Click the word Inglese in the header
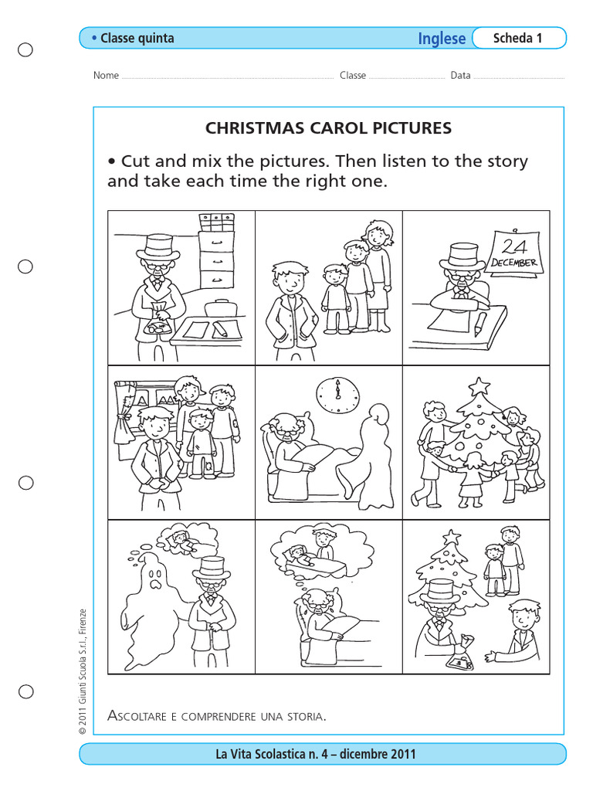(442, 39)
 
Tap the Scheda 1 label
(517, 38)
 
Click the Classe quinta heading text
(137, 38)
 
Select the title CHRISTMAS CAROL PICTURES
(328, 128)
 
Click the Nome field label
(106, 76)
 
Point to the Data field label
(461, 76)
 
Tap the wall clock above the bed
(337, 396)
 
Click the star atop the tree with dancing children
(479, 385)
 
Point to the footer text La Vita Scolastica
(316, 754)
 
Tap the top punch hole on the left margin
(25, 50)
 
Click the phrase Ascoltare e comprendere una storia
(217, 716)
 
